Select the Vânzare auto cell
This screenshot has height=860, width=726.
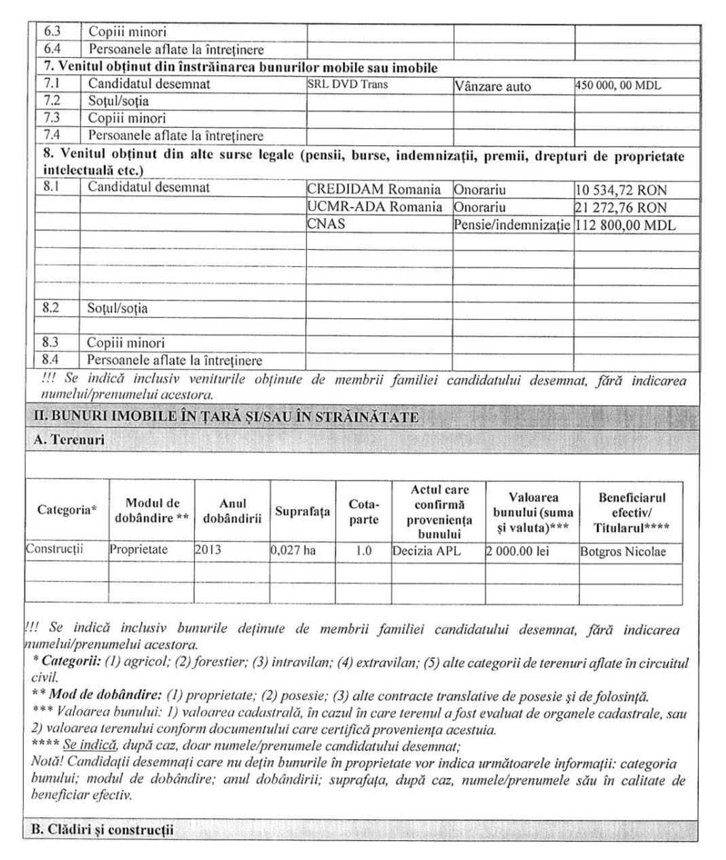point(492,86)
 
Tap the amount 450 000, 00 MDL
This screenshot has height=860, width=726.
point(617,86)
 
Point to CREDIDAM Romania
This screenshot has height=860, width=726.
point(374,189)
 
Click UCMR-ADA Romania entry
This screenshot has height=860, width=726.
point(374,207)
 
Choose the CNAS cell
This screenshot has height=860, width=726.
point(326,224)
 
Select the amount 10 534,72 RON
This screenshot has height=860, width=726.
point(621,190)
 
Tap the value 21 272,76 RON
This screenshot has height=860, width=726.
point(621,208)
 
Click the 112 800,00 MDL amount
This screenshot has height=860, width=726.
point(625,225)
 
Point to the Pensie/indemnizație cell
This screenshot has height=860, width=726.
point(511,225)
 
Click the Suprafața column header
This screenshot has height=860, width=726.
point(302,511)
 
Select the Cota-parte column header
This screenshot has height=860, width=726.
point(363,512)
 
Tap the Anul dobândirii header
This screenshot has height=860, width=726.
point(232,511)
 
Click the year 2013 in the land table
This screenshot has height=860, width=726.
point(208,550)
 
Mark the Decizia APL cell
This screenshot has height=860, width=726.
point(426,551)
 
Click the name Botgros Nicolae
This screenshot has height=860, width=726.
point(622,552)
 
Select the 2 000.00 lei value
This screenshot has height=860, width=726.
point(518,551)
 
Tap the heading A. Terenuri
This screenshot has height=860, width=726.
point(69,440)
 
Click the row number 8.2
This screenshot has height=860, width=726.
point(50,307)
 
